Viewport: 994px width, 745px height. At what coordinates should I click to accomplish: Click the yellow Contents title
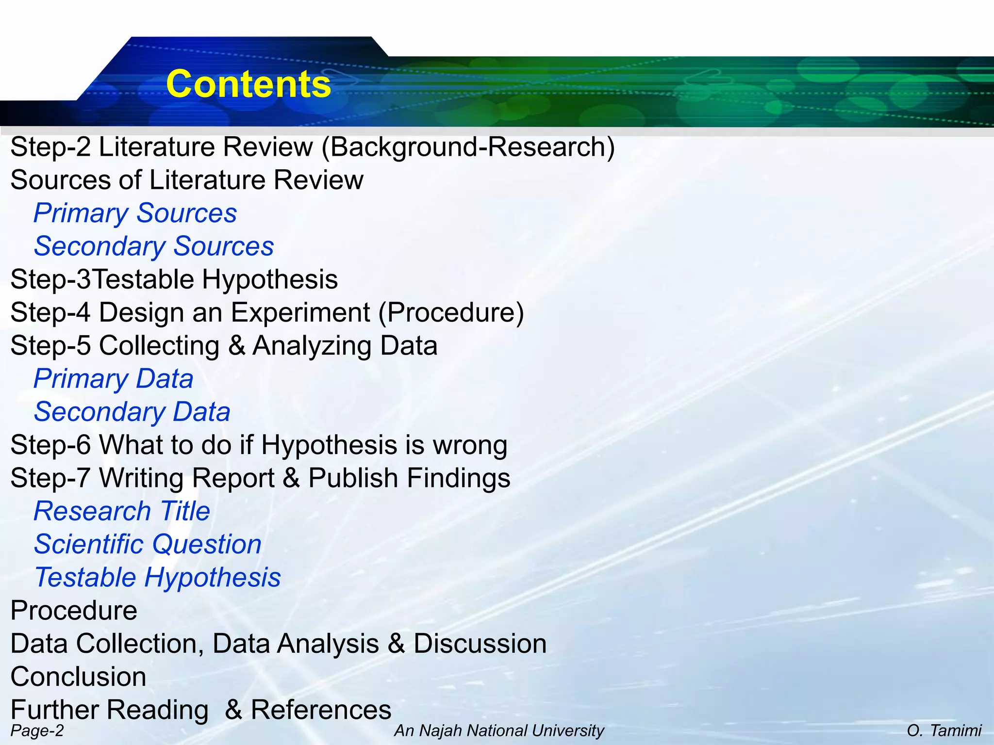coord(248,84)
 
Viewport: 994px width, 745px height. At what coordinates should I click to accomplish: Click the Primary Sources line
coord(135,213)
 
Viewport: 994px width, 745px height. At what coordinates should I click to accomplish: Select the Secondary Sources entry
coord(153,246)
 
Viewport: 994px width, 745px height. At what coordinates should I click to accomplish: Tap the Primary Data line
coord(113,378)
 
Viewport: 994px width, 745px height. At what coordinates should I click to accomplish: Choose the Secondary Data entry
coord(132,412)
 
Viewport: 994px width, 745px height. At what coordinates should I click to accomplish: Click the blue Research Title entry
coord(121,511)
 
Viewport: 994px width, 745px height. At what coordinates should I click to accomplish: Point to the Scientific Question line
coord(148,544)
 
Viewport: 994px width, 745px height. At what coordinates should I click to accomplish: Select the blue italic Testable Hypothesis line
coord(157,577)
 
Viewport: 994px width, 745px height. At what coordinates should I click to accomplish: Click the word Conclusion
coord(78,676)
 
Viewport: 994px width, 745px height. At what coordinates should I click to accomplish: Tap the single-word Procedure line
coord(74,610)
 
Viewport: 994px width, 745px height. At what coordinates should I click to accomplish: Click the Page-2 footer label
coord(37,730)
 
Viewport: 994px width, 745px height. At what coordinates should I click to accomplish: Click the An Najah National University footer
coord(499,730)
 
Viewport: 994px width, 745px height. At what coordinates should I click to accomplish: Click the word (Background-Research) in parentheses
coord(468,147)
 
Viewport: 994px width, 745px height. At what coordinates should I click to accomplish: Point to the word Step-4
coord(50,312)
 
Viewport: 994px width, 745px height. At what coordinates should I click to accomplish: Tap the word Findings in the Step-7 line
coord(458,478)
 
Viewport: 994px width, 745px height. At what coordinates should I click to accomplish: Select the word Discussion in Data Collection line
coord(480,644)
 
